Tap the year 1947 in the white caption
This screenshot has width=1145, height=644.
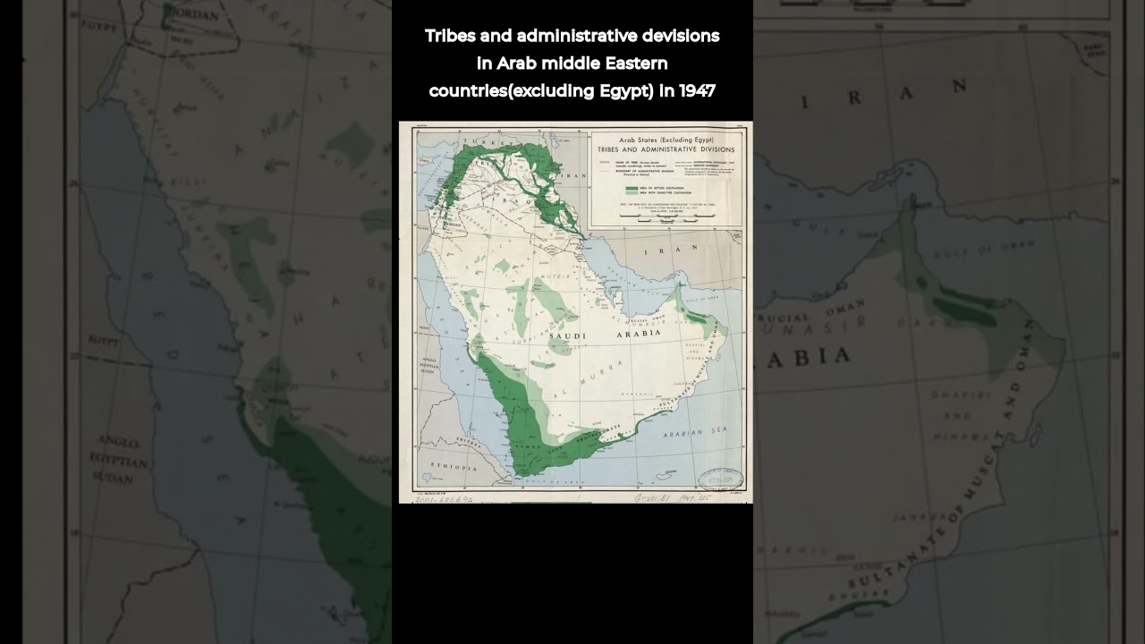tap(697, 90)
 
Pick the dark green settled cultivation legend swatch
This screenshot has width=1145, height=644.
tap(632, 187)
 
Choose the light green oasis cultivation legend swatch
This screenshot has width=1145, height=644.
tap(632, 192)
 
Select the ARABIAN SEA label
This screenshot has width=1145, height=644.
tap(695, 432)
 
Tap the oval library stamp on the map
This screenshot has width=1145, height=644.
tap(720, 479)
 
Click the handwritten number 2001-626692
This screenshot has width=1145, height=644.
tap(444, 499)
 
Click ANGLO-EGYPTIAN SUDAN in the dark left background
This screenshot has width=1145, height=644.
tap(118, 461)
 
